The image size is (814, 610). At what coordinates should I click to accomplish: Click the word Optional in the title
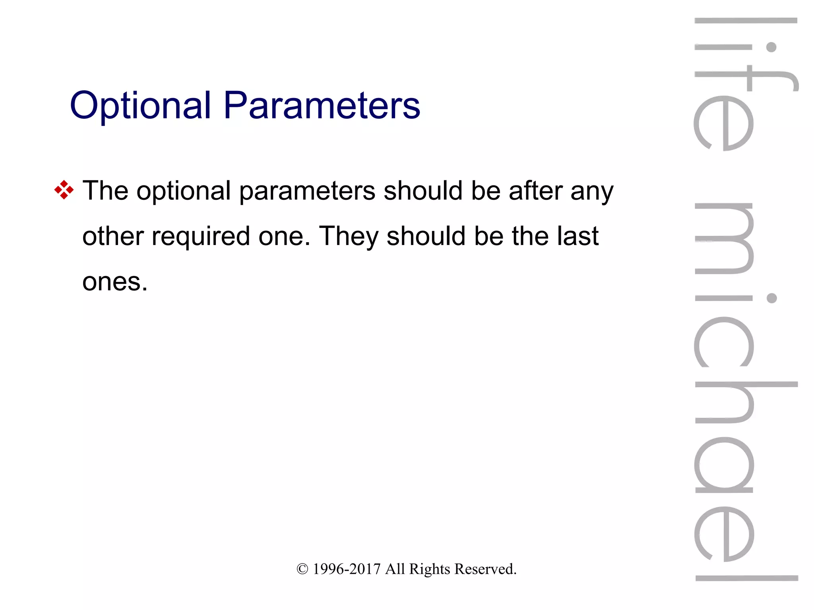point(140,105)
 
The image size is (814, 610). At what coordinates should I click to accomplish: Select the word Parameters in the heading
point(322,105)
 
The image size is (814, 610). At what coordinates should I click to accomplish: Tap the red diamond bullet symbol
point(64,190)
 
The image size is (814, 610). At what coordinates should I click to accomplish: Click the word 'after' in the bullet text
point(535,191)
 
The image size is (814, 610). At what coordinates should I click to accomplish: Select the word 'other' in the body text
point(113,236)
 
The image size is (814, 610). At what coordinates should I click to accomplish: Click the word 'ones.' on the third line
point(115,282)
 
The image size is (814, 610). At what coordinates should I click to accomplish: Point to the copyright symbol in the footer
point(302,569)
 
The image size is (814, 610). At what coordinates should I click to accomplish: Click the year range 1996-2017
point(347,569)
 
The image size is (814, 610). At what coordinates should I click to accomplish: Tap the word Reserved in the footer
point(485,569)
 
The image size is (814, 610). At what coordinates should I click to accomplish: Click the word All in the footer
point(395,569)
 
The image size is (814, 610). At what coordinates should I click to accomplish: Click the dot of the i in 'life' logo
point(771,47)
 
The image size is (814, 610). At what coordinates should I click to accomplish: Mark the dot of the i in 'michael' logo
point(771,298)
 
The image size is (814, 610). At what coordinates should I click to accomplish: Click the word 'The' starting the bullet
point(105,191)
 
